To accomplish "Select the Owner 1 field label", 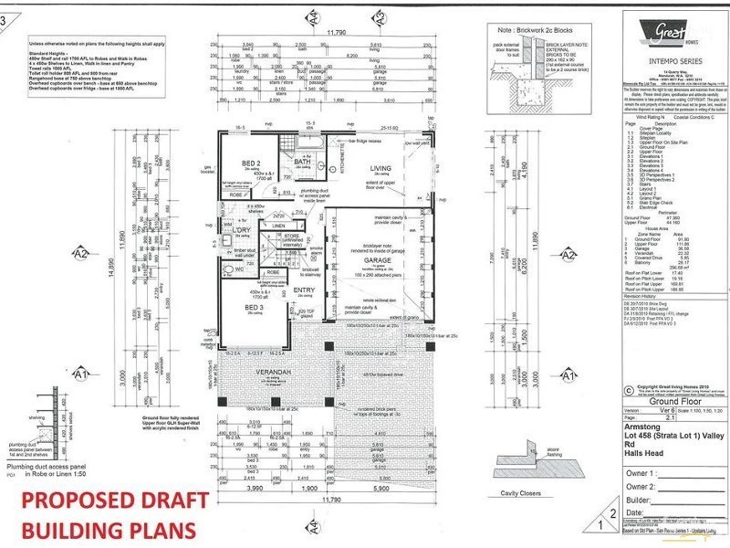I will coord(641,475).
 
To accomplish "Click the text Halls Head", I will coord(642,458).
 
